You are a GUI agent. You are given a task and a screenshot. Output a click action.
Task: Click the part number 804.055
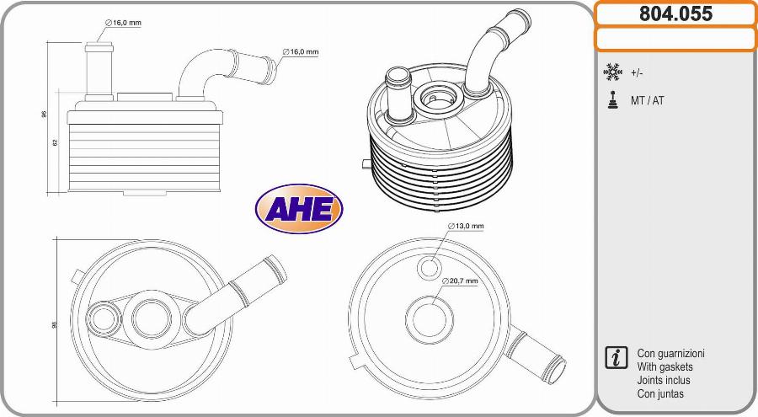[x=675, y=13]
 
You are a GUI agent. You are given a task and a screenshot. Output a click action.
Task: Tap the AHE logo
[x=299, y=209]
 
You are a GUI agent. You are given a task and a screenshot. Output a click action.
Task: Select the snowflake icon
[x=612, y=72]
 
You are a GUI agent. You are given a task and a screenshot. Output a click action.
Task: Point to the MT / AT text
[x=647, y=100]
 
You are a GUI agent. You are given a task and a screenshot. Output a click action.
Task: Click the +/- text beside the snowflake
[x=637, y=73]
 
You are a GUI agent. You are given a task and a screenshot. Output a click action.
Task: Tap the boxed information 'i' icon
[x=616, y=357]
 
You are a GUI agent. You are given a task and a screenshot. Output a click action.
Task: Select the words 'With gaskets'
[x=665, y=367]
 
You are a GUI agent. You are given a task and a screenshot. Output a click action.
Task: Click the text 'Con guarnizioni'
[x=670, y=354]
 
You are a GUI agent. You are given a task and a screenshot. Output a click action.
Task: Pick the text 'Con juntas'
[x=660, y=394]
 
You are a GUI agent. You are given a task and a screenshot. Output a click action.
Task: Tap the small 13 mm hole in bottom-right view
[x=430, y=268]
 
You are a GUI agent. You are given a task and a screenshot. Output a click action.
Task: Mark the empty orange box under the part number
[x=675, y=39]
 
